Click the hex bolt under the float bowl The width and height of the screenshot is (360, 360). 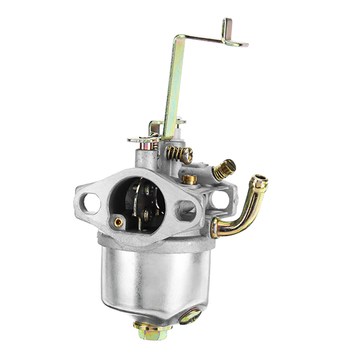click(x=152, y=332)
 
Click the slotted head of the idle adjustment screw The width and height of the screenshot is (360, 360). click(x=188, y=157)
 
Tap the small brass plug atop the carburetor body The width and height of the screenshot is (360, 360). click(x=190, y=178)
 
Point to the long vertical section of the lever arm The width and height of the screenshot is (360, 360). click(x=173, y=90)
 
